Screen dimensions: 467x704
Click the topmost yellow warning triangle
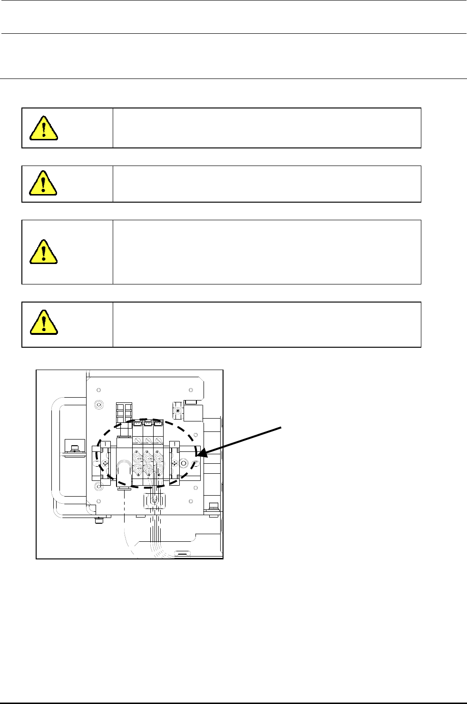click(44, 128)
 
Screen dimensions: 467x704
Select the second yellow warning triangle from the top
click(44, 183)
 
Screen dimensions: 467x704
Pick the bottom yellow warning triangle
click(44, 322)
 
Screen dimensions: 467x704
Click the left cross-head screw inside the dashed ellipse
click(105, 464)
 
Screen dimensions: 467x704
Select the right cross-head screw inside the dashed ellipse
click(175, 463)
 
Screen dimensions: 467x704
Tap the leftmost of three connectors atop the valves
click(137, 423)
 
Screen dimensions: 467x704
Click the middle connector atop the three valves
click(148, 423)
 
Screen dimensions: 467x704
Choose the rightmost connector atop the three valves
click(158, 423)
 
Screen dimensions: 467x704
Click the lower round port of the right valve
click(158, 469)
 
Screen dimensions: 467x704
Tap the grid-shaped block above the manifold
click(125, 413)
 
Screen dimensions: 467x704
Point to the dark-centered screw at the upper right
click(178, 411)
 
